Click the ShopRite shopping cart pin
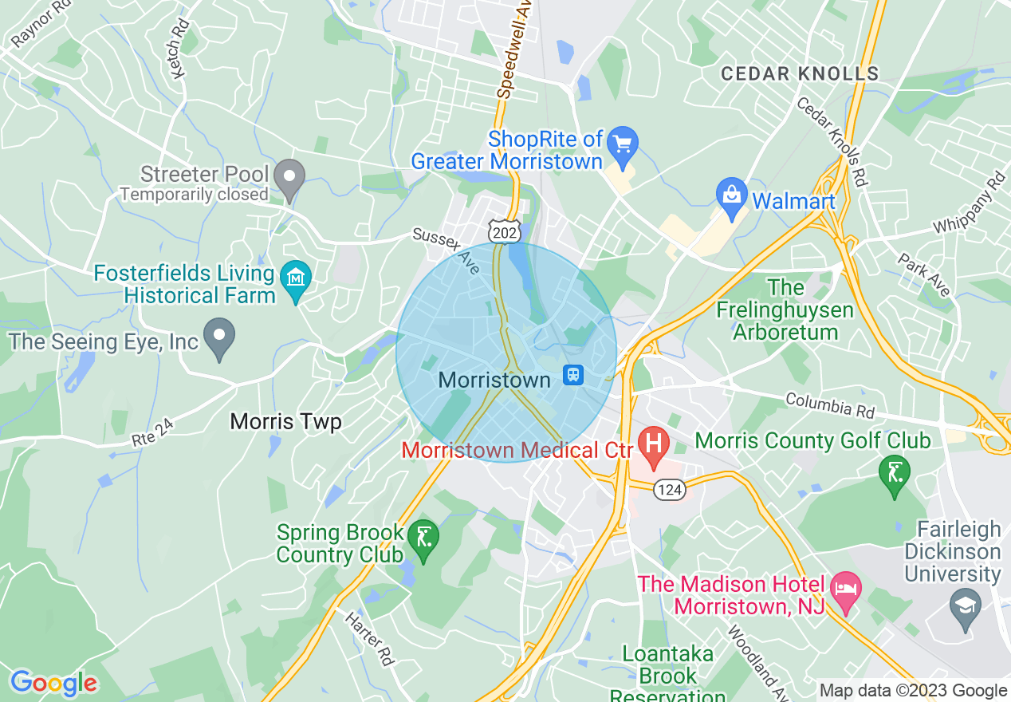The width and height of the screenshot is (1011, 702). tap(622, 144)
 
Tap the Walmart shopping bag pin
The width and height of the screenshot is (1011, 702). tap(730, 195)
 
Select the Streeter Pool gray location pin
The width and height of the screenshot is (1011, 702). tap(289, 179)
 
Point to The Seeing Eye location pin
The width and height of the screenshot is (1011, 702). tap(219, 337)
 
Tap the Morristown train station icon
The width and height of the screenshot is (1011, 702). tap(572, 374)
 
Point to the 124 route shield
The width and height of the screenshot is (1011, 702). tap(670, 490)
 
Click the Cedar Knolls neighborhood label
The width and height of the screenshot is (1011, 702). tap(800, 74)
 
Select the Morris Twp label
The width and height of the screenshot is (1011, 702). tap(285, 421)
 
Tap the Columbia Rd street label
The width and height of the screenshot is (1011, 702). tap(829, 405)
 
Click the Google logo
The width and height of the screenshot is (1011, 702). tap(53, 683)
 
